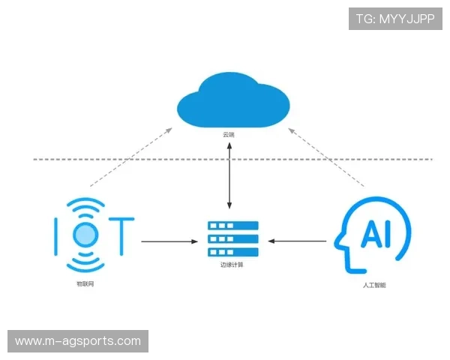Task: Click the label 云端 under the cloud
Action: (229, 135)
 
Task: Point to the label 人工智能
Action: (373, 285)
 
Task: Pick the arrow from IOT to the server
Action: (170, 241)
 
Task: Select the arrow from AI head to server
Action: (298, 241)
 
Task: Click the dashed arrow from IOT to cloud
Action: (130, 157)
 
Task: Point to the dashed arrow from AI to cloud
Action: (327, 157)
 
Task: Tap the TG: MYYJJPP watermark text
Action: (395, 19)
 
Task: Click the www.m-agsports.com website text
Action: (78, 341)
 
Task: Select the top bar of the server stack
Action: (232, 226)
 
